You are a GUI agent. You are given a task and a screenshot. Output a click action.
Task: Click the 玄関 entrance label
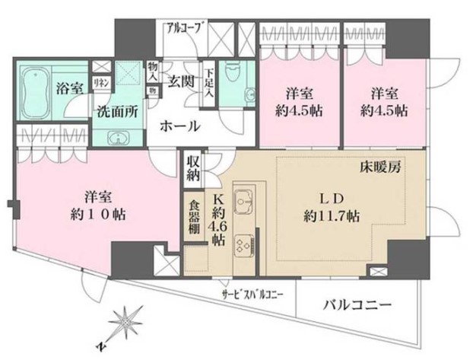179,81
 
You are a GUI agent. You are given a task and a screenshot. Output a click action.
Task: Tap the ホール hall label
179,126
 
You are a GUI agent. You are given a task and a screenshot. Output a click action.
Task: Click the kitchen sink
246,202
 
